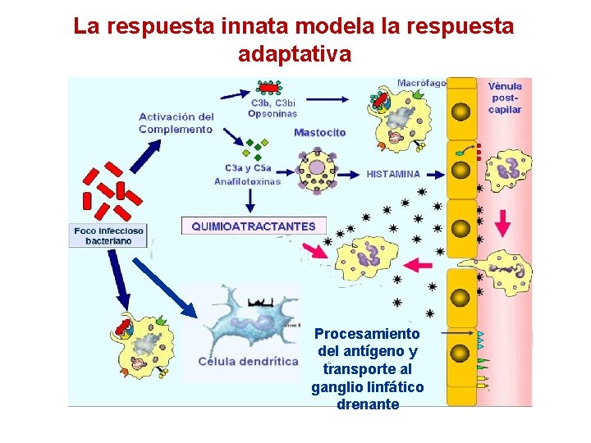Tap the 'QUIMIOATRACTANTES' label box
(253, 226)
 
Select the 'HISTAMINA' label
(392, 174)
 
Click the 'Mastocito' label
(319, 133)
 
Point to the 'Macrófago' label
(421, 83)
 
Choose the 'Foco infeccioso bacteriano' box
(108, 236)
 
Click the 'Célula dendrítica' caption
(248, 362)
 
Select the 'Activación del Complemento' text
(176, 123)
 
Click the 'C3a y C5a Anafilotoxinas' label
(246, 175)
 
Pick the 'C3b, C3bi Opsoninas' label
(273, 108)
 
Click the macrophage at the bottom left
(140, 345)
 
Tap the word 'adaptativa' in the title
(294, 54)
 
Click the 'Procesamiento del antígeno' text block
(367, 369)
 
